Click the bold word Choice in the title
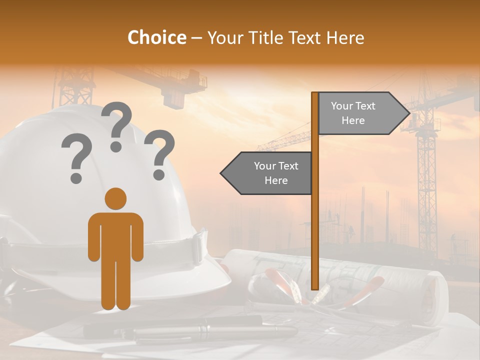coord(156,38)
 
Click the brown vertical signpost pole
coord(315,225)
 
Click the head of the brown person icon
coord(115,199)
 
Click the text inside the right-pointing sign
coord(353,113)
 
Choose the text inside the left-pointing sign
coord(275,173)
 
